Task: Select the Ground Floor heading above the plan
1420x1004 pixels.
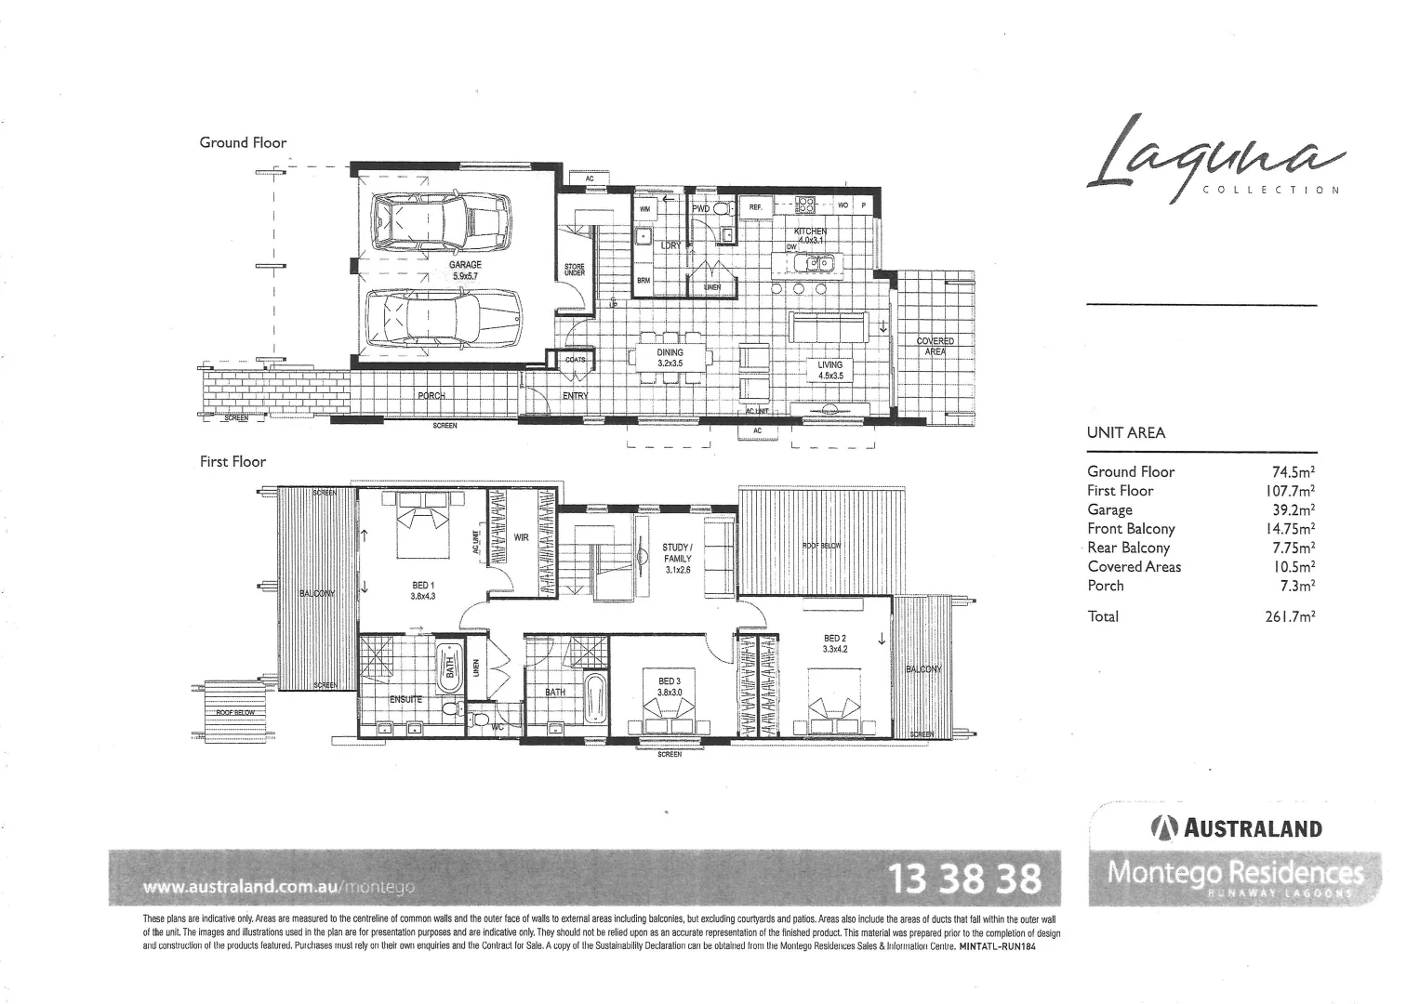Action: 243,142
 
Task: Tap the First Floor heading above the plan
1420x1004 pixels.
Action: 232,461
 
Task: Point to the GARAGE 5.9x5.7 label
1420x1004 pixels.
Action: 465,271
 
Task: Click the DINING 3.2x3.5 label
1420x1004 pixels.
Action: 670,358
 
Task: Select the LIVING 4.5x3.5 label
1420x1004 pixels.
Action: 829,370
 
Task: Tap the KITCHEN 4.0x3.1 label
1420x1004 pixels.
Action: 809,235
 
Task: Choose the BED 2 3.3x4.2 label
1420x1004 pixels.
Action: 834,643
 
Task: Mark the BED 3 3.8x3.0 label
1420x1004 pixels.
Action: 670,687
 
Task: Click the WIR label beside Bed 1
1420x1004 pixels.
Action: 521,537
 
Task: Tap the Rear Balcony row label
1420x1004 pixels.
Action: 1128,548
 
